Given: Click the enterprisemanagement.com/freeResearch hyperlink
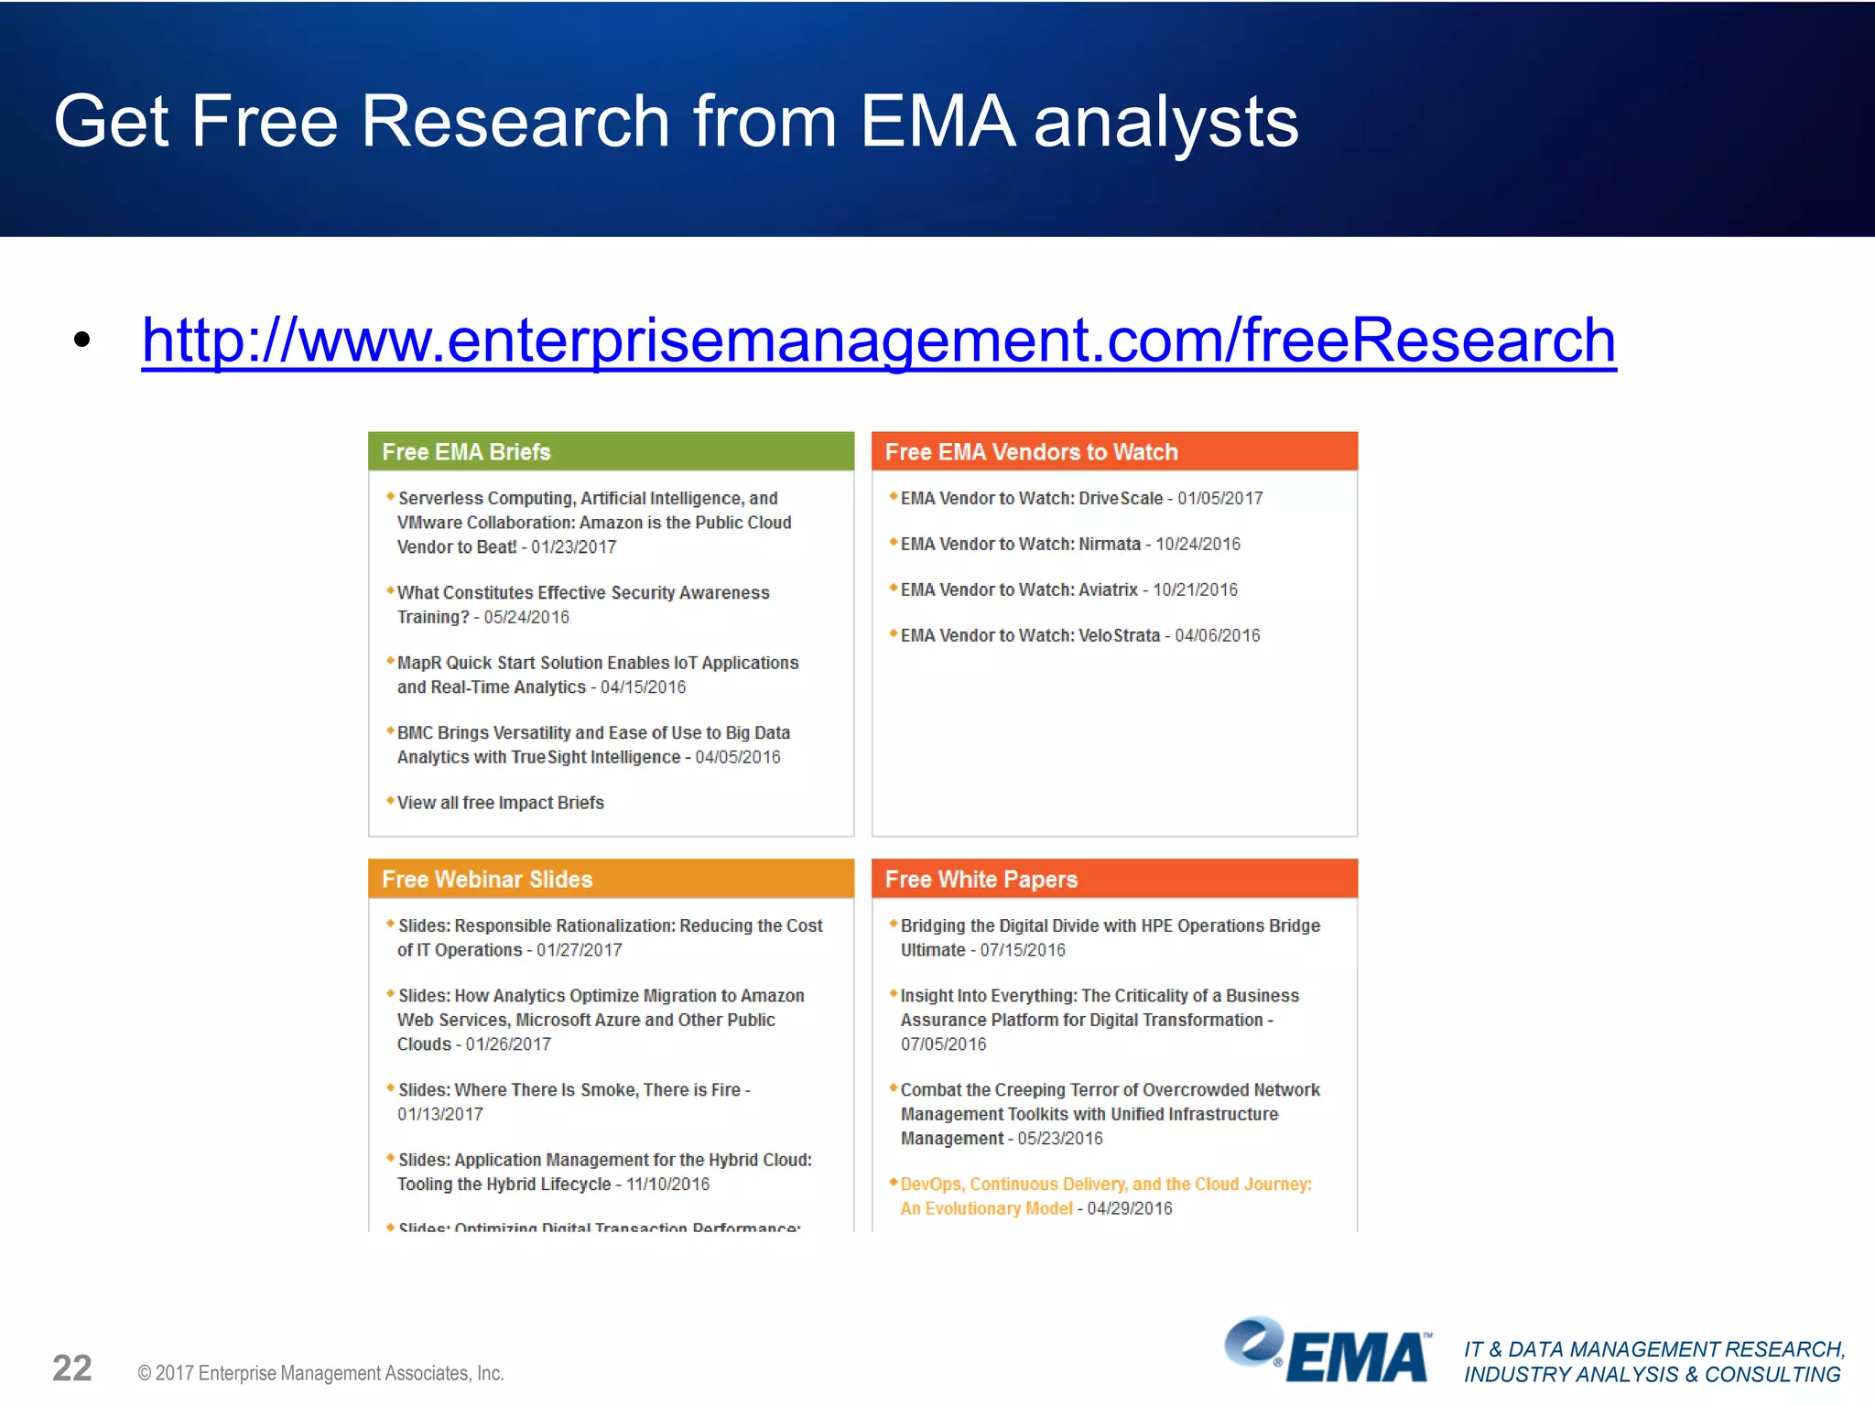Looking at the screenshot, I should point(879,341).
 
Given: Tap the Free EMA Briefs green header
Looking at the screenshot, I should point(611,451).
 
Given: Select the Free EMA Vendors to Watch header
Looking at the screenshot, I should point(1113,451).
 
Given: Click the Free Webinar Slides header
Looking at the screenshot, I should point(611,879).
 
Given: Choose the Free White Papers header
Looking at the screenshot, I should point(1113,879).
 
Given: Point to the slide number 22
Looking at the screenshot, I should point(72,1368).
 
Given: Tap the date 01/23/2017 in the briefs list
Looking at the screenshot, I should point(574,547).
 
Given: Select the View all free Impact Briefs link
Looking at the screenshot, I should point(500,803).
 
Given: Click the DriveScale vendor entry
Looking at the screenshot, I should point(1080,498).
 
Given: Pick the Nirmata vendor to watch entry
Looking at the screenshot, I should point(1069,544).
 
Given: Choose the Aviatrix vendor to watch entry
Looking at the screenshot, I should point(1068,589).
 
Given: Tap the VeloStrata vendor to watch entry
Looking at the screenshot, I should point(1079,635).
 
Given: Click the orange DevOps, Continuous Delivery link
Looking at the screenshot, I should point(1105,1184).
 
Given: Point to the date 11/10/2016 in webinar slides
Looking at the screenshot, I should point(667,1184).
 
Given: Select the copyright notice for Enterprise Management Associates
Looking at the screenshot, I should point(320,1373).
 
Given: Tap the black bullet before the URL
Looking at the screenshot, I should point(82,341).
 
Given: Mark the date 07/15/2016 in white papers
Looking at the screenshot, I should point(1023,950).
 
